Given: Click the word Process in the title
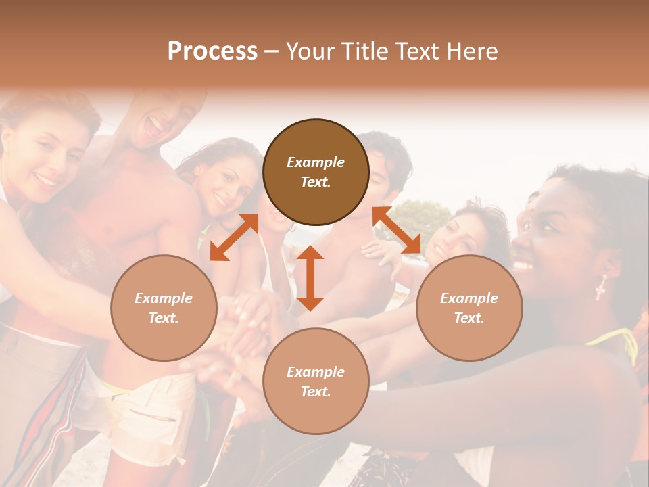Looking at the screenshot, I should point(212,51).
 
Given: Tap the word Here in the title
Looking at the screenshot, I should point(472,51).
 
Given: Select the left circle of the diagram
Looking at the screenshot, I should point(164,308).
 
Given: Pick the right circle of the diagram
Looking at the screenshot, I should point(469,308).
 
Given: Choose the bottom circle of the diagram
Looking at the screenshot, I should point(316,381).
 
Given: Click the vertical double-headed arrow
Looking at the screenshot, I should point(310,278).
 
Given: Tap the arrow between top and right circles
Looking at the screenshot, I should point(396,230).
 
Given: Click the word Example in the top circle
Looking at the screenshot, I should point(316,162).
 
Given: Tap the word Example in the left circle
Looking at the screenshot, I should point(164,298).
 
